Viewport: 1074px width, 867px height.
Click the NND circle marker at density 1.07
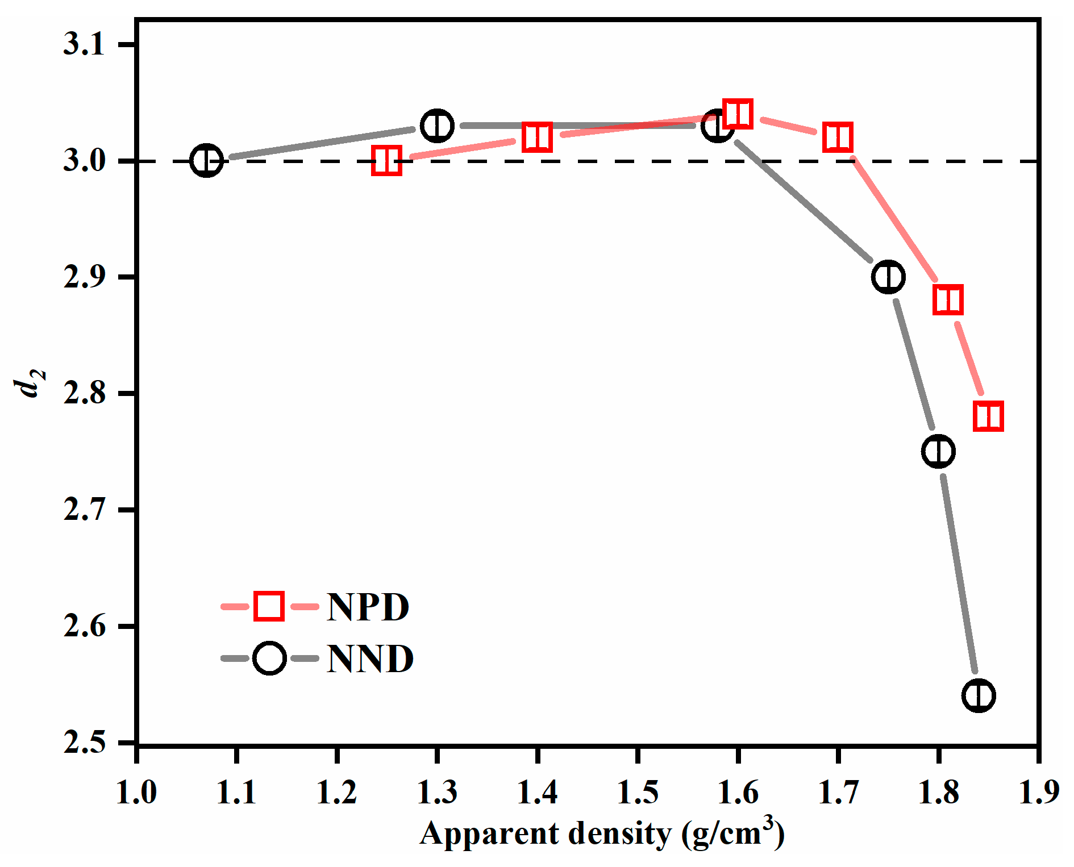[206, 161]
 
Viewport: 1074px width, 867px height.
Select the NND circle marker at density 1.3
[437, 126]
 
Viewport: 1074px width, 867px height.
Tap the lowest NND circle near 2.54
[979, 695]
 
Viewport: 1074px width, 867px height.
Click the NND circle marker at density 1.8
[938, 452]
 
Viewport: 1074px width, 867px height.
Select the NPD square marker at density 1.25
[386, 160]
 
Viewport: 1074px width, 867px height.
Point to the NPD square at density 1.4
[537, 137]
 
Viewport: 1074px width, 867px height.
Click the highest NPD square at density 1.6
[738, 114]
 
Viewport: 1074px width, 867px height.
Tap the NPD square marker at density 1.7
[838, 137]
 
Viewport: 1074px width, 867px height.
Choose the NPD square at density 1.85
[988, 416]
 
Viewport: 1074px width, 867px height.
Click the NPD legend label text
[368, 607]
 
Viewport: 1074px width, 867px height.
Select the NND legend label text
[371, 659]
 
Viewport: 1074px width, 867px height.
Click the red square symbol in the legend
[269, 606]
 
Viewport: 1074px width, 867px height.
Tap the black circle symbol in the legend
[269, 658]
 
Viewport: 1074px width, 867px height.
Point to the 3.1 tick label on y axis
[84, 44]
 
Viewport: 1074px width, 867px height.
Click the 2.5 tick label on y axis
[84, 742]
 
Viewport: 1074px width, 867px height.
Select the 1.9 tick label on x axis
[1039, 792]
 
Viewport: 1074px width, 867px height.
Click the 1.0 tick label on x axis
[136, 792]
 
